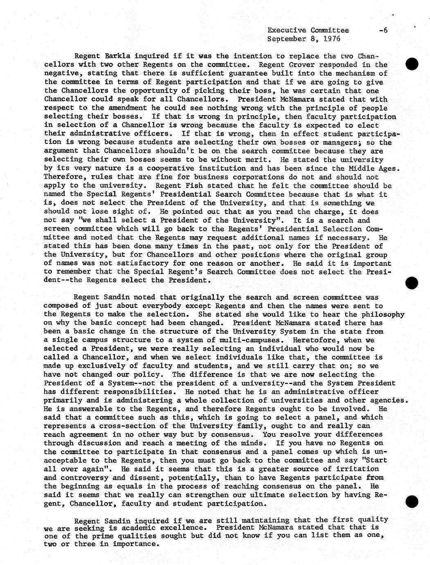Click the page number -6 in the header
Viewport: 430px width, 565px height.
383,30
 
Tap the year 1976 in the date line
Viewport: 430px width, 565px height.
331,39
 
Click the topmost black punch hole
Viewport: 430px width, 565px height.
412,64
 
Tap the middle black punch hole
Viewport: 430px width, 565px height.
412,282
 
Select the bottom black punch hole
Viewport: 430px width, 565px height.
412,500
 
